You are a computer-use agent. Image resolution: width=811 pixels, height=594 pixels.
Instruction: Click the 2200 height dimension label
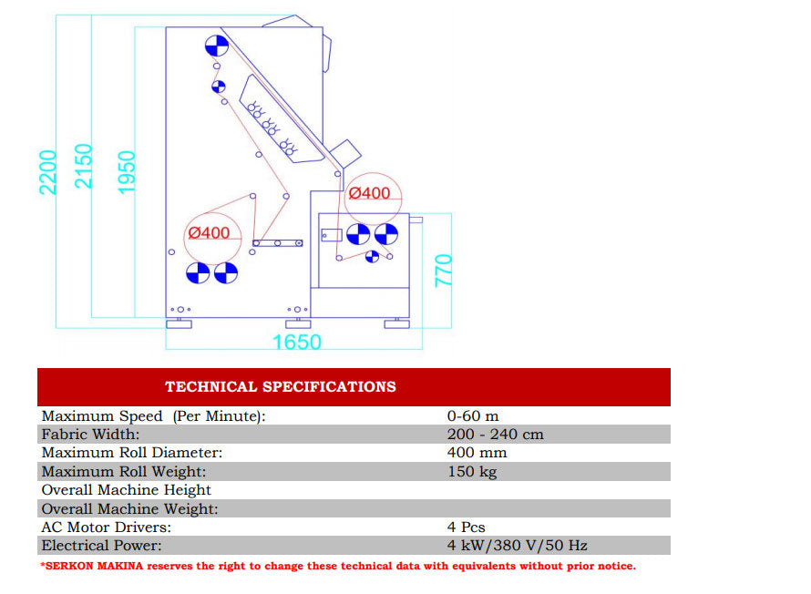click(x=48, y=172)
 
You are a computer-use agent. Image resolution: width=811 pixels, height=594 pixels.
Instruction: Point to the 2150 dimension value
click(x=84, y=166)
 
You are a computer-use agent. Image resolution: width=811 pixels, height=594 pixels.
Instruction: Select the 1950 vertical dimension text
click(x=127, y=170)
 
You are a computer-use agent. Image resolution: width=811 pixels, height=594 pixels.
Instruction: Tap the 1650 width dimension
click(x=297, y=343)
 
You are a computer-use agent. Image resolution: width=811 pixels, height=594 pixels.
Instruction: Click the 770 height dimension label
click(x=444, y=271)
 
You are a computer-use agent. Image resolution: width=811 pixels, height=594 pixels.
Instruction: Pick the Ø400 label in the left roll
click(x=209, y=233)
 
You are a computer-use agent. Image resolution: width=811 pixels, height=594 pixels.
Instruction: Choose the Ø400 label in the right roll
click(x=369, y=193)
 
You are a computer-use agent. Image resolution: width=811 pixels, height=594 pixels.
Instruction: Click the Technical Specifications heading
click(x=281, y=387)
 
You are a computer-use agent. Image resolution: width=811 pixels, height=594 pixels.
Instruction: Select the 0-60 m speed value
click(x=473, y=416)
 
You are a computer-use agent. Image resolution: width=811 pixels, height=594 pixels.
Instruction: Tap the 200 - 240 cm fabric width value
click(x=495, y=435)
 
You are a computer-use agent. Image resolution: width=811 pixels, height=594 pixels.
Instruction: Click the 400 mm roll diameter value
click(x=477, y=453)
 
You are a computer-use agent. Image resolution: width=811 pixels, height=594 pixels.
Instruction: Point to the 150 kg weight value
click(x=472, y=472)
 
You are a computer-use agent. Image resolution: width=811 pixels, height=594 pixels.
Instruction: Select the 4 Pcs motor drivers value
click(x=466, y=527)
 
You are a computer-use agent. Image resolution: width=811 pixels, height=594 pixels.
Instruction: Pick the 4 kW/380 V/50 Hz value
click(x=517, y=546)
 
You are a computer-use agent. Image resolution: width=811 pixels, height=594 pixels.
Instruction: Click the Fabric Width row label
click(x=90, y=435)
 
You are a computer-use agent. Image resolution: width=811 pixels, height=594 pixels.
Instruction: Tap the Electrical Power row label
click(x=101, y=546)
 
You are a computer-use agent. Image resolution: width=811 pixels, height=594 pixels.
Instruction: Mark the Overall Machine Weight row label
click(x=130, y=509)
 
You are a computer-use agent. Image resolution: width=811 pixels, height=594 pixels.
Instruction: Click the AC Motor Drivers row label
click(x=106, y=527)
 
